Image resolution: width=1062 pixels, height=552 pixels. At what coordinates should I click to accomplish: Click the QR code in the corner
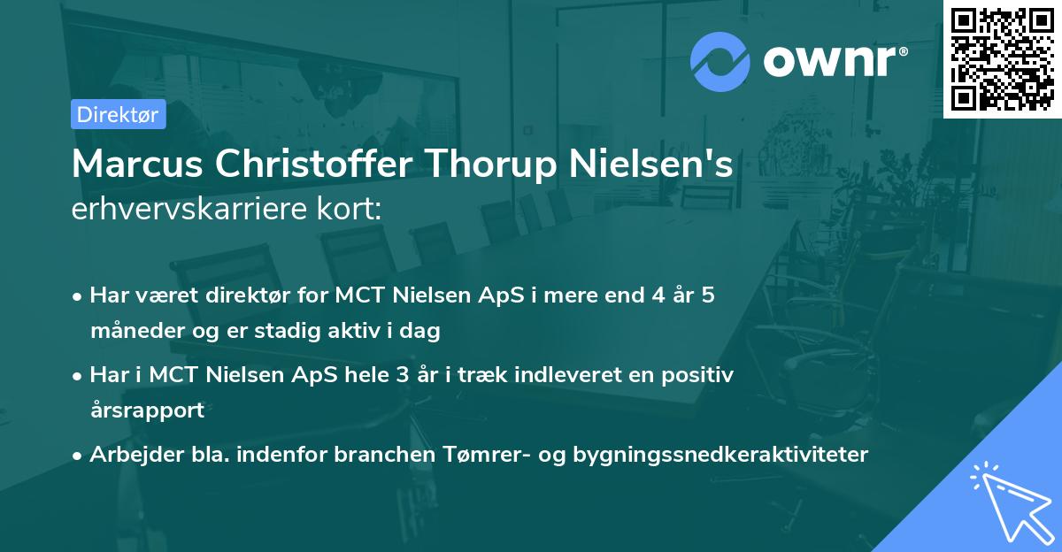[1001, 58]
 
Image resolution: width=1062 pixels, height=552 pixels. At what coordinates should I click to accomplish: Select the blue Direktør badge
[118, 114]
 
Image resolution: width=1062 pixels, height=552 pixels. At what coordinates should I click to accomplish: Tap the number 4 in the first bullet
[656, 295]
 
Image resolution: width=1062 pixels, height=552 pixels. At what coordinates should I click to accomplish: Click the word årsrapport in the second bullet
[147, 410]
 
